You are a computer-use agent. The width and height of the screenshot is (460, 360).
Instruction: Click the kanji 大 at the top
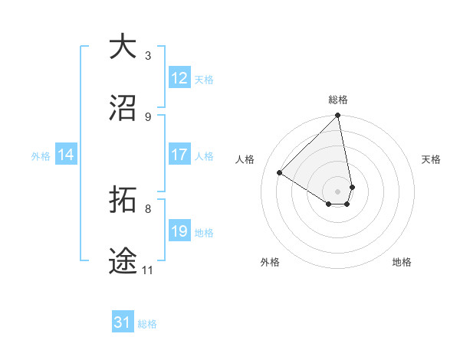pyautogui.click(x=123, y=47)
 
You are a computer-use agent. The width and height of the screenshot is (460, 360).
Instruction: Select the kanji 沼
pyautogui.click(x=123, y=108)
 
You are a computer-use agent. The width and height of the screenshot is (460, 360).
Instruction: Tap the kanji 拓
pyautogui.click(x=123, y=200)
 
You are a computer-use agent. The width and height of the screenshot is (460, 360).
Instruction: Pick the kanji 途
pyautogui.click(x=123, y=261)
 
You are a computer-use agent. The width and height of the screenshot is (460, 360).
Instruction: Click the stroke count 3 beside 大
pyautogui.click(x=148, y=56)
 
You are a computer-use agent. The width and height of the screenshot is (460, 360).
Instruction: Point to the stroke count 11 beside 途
pyautogui.click(x=148, y=270)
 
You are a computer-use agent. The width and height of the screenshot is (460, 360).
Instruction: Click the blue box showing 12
pyautogui.click(x=179, y=78)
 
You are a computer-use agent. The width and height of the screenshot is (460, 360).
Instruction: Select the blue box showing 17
pyautogui.click(x=179, y=155)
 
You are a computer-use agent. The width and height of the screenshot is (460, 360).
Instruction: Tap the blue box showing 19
pyautogui.click(x=179, y=231)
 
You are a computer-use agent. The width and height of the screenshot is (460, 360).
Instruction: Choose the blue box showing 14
pyautogui.click(x=66, y=155)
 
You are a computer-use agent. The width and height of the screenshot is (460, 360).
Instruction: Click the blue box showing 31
pyautogui.click(x=123, y=323)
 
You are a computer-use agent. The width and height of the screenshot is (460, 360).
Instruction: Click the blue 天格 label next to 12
pyautogui.click(x=204, y=79)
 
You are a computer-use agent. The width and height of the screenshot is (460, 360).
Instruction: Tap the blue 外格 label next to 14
pyautogui.click(x=41, y=155)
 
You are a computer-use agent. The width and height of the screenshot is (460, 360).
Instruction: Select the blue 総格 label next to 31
pyautogui.click(x=147, y=324)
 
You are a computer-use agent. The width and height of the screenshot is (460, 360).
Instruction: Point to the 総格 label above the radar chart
pyautogui.click(x=338, y=100)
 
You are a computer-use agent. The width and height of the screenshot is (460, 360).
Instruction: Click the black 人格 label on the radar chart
pyautogui.click(x=245, y=159)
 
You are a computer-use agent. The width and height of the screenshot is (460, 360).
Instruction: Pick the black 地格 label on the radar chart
pyautogui.click(x=402, y=262)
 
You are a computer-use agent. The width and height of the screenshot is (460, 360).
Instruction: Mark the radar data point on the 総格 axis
pyautogui.click(x=338, y=116)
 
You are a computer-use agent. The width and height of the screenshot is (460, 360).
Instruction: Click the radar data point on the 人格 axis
pyautogui.click(x=280, y=173)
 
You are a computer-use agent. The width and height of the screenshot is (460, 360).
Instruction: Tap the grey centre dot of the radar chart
pyautogui.click(x=338, y=191)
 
